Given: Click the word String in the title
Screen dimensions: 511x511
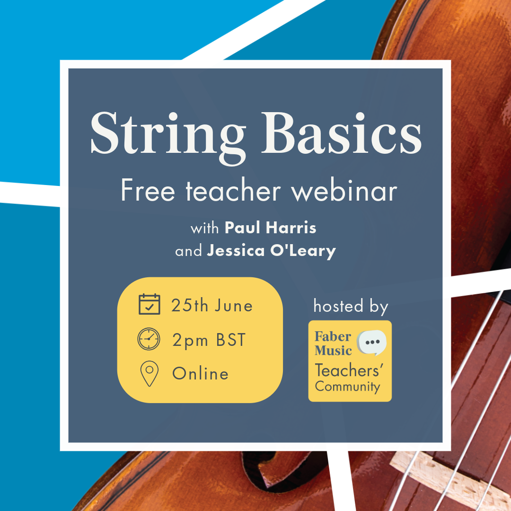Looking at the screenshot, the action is coord(168,137).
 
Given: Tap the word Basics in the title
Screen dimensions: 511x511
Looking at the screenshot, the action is coord(341,133).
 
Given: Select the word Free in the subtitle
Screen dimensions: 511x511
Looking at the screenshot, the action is coord(148,190).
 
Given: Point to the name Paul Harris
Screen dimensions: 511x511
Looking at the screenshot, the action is coord(271,228).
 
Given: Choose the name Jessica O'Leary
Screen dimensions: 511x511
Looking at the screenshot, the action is coord(272,251).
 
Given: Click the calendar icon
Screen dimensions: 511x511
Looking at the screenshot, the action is coord(149,304).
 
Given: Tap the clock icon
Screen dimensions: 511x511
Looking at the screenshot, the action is coord(149,339).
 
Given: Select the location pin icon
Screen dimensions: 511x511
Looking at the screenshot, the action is coord(149,373).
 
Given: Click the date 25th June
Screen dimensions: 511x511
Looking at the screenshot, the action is coord(212,306).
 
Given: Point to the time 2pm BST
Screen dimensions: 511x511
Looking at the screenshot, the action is coord(209,340).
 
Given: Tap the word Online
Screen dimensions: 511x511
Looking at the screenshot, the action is coord(201,373).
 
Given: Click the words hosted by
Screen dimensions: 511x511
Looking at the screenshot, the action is coord(351,306).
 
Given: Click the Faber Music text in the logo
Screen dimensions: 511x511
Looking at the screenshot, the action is coord(333,344).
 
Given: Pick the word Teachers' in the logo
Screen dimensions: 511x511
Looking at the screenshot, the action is coord(349,370).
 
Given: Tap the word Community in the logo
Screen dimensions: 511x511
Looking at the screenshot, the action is coord(347,387).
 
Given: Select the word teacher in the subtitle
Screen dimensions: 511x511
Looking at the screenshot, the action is coord(233,190).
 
